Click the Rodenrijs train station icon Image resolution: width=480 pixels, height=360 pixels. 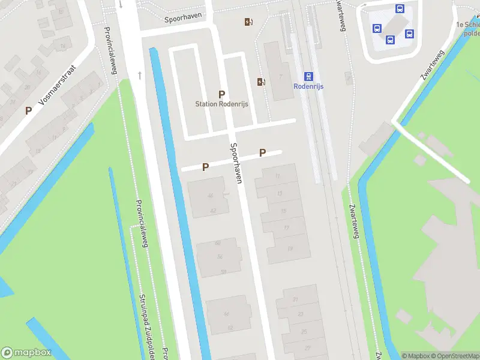[x=308, y=76]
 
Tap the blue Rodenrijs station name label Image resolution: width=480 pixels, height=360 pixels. [x=308, y=86]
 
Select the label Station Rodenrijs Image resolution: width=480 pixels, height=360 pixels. [x=221, y=104]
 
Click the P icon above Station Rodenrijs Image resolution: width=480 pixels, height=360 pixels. [x=221, y=94]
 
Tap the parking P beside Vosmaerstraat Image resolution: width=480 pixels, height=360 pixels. [x=28, y=110]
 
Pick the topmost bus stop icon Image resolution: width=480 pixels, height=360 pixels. [x=400, y=8]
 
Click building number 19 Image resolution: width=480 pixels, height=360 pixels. [x=290, y=248]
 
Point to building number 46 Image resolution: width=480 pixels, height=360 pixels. [x=210, y=196]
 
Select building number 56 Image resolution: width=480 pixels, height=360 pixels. [x=221, y=257]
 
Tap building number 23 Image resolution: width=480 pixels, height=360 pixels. [x=300, y=314]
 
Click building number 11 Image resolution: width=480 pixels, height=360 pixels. [x=278, y=176]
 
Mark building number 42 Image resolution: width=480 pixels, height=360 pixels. [x=213, y=211]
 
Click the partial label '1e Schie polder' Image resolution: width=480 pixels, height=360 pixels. [x=468, y=28]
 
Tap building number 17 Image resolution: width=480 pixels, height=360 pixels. [x=286, y=228]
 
